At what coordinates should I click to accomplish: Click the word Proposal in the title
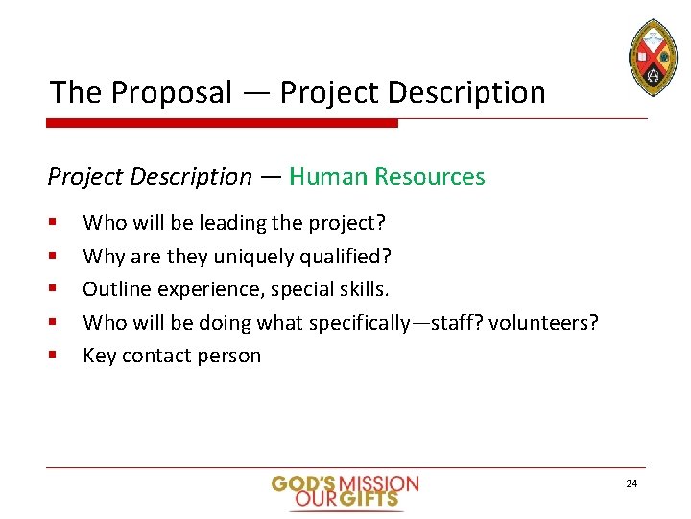coord(172,93)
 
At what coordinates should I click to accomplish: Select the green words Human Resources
coord(387,177)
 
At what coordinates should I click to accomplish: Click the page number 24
coord(631,483)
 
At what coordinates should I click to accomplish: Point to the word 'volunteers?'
coord(543,322)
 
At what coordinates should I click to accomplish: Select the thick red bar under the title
coord(223,123)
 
